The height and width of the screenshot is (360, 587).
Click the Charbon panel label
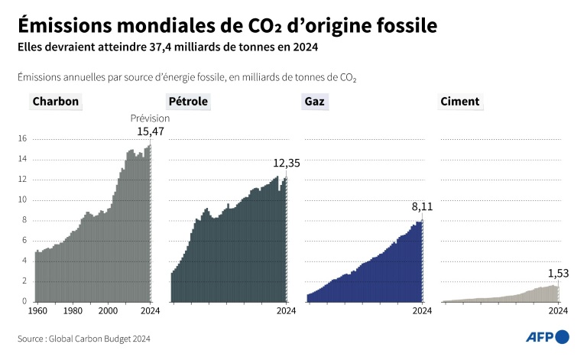click(55, 101)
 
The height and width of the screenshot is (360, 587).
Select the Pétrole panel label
click(187, 101)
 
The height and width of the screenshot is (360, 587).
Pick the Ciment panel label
click(460, 101)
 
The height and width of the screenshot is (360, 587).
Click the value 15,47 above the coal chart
click(151, 131)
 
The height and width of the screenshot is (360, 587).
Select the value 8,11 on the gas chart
click(422, 206)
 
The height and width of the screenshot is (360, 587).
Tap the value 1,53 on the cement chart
click(558, 274)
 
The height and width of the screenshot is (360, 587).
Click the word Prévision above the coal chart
click(150, 118)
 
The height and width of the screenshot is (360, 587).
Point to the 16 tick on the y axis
click(22, 139)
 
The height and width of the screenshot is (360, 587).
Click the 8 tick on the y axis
click(24, 220)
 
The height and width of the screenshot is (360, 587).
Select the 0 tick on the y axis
click(24, 301)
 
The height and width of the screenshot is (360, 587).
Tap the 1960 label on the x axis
click(37, 311)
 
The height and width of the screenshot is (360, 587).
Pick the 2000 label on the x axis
click(109, 311)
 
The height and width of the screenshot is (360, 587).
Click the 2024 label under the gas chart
click(422, 311)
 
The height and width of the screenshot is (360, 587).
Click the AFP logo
click(547, 337)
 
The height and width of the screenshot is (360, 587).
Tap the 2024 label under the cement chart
click(558, 311)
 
